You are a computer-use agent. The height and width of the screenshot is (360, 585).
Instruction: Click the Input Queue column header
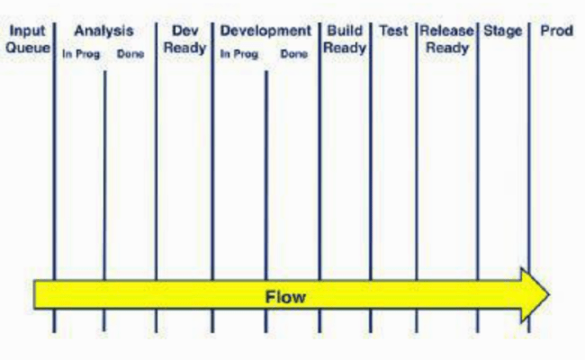(x=27, y=39)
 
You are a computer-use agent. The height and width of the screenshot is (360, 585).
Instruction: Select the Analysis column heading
(x=103, y=31)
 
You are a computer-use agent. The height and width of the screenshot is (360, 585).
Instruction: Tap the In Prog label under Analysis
(x=80, y=54)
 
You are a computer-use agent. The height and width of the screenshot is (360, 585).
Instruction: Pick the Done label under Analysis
(x=130, y=54)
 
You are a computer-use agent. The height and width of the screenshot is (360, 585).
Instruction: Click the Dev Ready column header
(x=184, y=39)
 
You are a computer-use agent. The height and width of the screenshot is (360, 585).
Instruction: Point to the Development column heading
(x=265, y=31)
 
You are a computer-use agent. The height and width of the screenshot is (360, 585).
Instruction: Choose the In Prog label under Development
(x=238, y=54)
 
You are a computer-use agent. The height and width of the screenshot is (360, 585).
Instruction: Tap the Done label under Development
(x=293, y=54)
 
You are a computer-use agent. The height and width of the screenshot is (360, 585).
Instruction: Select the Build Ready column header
(x=345, y=39)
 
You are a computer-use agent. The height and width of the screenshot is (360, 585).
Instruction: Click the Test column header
(x=394, y=31)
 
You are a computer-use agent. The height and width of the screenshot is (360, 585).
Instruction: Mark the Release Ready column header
(x=446, y=39)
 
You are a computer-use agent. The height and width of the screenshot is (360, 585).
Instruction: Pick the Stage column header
(x=502, y=31)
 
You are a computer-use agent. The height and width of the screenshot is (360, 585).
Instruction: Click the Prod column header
(x=556, y=31)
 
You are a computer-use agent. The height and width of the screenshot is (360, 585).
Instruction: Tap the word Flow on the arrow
(x=284, y=296)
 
